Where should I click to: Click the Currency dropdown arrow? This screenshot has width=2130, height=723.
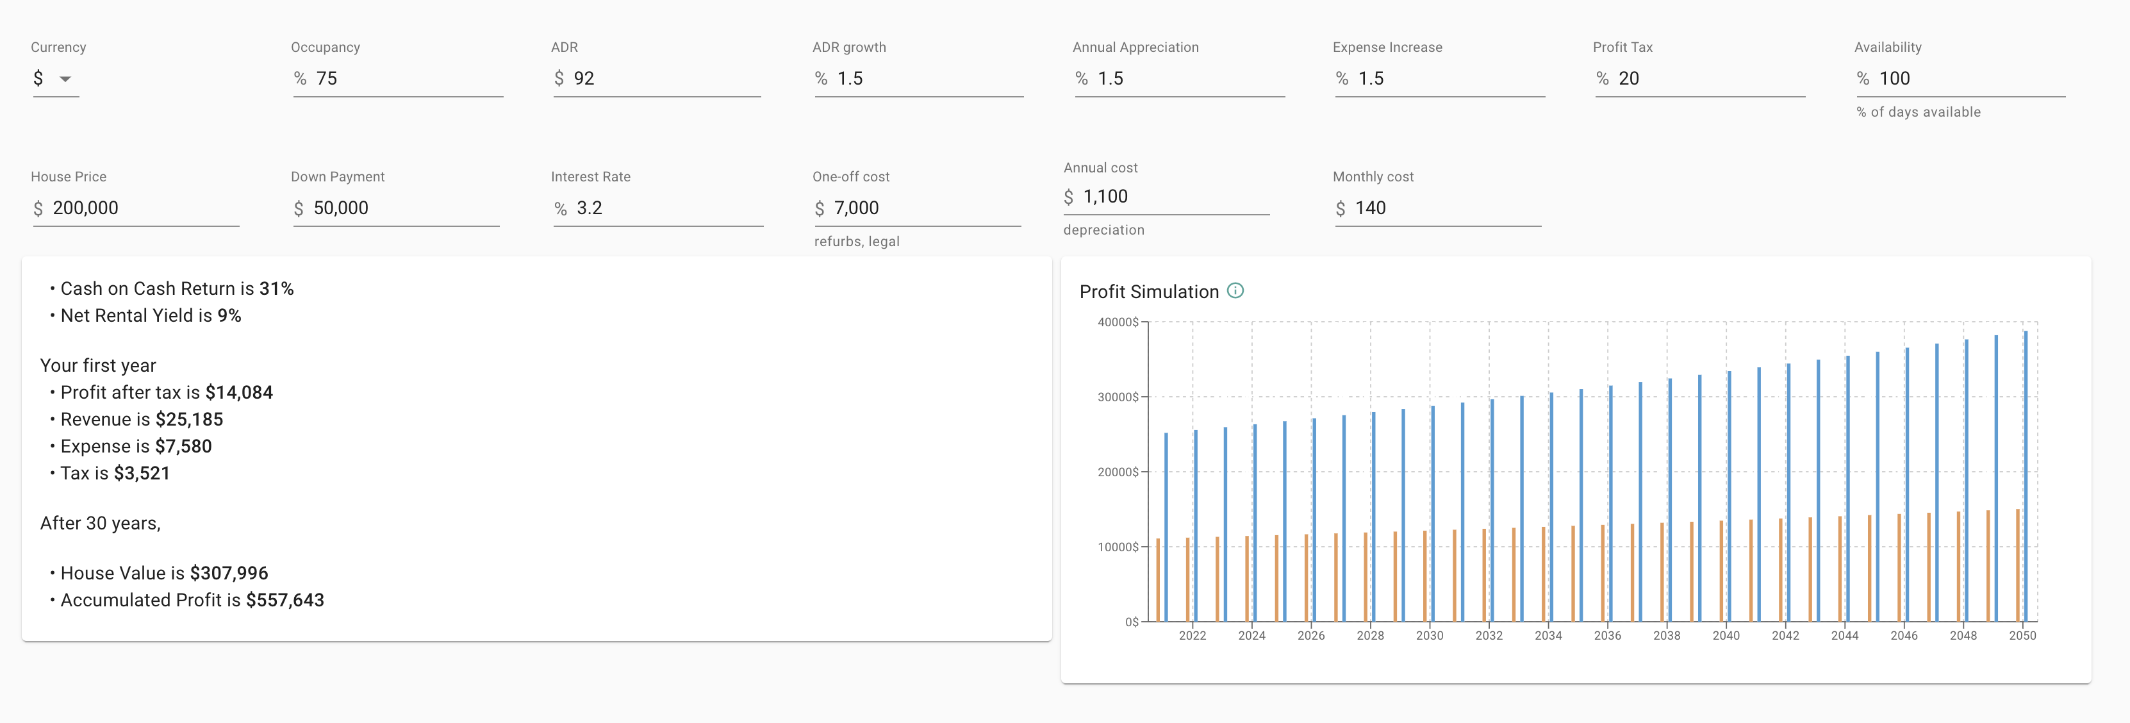65,79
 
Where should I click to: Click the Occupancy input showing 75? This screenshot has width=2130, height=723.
397,79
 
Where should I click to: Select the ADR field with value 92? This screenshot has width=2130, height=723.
657,79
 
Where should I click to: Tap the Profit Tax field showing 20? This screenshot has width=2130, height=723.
1699,79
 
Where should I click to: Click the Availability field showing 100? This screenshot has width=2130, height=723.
1960,79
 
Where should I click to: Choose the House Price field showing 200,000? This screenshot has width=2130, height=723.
136,208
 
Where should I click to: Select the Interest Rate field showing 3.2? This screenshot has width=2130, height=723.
657,208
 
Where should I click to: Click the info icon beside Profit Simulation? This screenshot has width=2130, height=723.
1235,290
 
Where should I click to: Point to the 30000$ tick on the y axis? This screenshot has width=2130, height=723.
1118,397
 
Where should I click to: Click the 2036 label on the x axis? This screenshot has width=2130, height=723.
1606,635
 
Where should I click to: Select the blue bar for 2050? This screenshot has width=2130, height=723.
2025,480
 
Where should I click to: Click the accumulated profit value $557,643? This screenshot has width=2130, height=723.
285,600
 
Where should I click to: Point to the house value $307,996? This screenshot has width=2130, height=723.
228,573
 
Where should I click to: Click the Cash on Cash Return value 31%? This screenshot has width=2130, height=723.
276,288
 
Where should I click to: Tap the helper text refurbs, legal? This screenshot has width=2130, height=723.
856,242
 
